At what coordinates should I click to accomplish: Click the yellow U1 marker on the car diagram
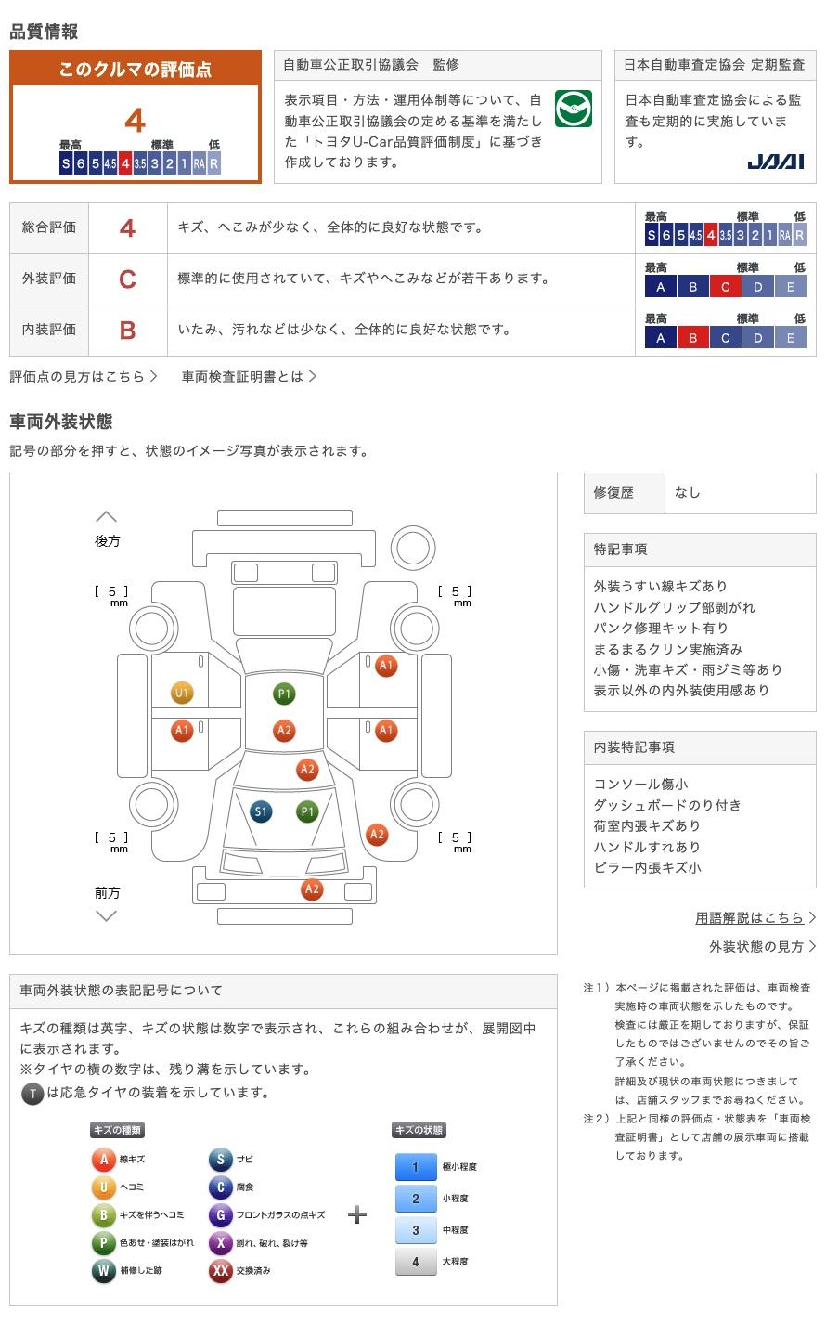click(x=181, y=693)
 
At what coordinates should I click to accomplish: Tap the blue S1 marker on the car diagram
click(x=261, y=811)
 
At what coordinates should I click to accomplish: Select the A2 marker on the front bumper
click(x=312, y=888)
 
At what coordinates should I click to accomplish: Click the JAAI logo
click(x=775, y=162)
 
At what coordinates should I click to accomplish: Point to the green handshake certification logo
click(x=573, y=108)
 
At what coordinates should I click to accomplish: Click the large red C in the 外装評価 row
click(x=127, y=279)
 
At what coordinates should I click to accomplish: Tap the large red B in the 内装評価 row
click(x=127, y=330)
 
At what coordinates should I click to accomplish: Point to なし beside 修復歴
click(x=688, y=493)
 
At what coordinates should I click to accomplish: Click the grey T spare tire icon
click(x=32, y=1094)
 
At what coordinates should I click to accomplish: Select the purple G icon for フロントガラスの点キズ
click(x=220, y=1214)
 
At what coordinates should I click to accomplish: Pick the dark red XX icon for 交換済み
click(x=220, y=1270)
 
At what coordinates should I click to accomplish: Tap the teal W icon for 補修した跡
click(x=103, y=1270)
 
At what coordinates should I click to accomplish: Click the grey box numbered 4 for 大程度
click(x=416, y=1261)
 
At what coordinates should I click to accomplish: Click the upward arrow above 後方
click(x=107, y=516)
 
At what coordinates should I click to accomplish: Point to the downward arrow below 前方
click(x=107, y=916)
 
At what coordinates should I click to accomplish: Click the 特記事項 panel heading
click(x=620, y=550)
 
